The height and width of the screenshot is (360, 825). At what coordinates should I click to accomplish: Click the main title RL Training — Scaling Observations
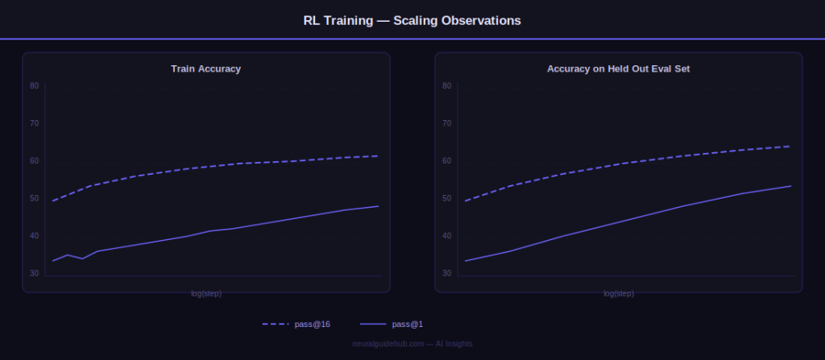pyautogui.click(x=412, y=20)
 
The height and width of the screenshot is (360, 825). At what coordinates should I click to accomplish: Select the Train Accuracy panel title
pyautogui.click(x=205, y=69)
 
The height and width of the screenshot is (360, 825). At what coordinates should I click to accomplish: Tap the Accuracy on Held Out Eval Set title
pyautogui.click(x=618, y=69)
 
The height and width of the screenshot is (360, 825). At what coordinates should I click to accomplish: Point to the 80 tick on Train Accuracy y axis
pyautogui.click(x=34, y=85)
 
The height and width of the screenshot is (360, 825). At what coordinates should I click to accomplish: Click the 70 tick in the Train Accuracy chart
pyautogui.click(x=34, y=123)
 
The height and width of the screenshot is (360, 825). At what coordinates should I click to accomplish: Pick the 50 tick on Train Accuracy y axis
pyautogui.click(x=34, y=198)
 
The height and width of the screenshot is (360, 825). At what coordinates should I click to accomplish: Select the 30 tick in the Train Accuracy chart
pyautogui.click(x=34, y=274)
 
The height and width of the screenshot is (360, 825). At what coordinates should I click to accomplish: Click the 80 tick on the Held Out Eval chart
pyautogui.click(x=446, y=85)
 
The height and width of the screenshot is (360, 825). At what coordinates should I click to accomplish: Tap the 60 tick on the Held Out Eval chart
pyautogui.click(x=446, y=161)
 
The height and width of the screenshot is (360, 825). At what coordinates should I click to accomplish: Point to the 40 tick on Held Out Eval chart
pyautogui.click(x=446, y=236)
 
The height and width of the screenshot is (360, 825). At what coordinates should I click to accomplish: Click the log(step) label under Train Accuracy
pyautogui.click(x=205, y=293)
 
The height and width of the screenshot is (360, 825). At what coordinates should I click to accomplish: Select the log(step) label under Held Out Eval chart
pyautogui.click(x=618, y=293)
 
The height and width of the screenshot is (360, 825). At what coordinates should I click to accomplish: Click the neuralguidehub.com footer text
pyautogui.click(x=412, y=344)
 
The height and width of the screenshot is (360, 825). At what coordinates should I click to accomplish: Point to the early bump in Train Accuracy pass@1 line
pyautogui.click(x=68, y=255)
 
